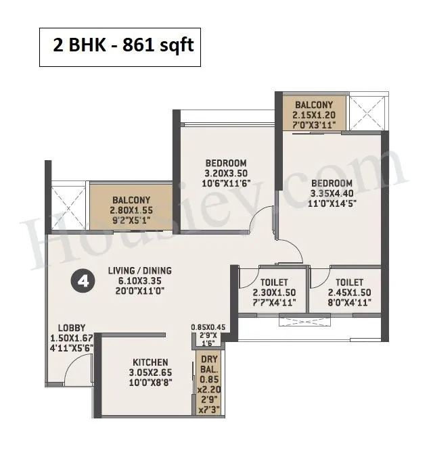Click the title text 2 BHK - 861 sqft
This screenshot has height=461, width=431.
pos(123,45)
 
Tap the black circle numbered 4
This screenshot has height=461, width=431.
pos(83,282)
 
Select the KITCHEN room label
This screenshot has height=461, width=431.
pos(150,362)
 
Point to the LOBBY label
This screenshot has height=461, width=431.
pos(72,328)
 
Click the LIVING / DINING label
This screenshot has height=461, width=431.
pos(140,270)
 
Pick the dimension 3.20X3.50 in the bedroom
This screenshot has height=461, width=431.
pos(226,173)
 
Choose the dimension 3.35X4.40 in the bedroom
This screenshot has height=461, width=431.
pos(332,193)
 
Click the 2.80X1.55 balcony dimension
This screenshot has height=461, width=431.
pos(131,210)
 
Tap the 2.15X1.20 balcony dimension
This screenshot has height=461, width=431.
pos(314,115)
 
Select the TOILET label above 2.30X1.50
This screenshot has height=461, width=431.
pos(274,283)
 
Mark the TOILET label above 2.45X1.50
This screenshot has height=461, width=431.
pos(350,283)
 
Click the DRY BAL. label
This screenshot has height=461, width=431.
pos(209,364)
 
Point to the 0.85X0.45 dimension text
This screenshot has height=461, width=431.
pos(208,327)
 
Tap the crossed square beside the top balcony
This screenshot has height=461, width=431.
pos(367,112)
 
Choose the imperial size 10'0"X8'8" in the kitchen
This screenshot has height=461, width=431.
pos(150,383)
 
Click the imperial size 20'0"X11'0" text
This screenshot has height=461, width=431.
pos(140,291)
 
